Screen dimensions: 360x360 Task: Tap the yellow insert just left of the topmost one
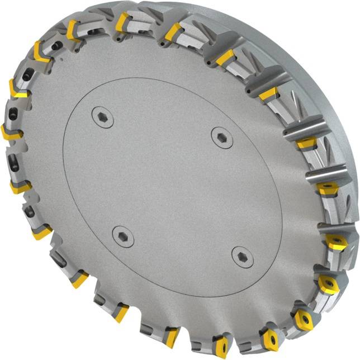coord(74,31)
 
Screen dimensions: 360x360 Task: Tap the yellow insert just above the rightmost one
coord(327,187)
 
